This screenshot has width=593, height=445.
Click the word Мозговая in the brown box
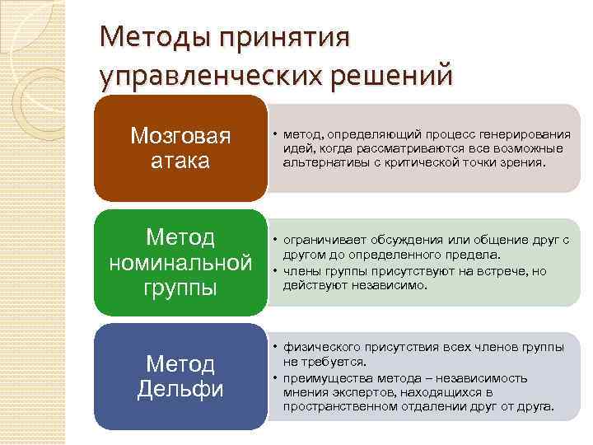pyautogui.click(x=180, y=135)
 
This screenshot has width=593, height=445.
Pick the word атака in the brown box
pyautogui.click(x=180, y=160)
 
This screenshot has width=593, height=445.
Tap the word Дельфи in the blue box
pyautogui.click(x=180, y=389)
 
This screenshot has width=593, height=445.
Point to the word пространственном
pyautogui.click(x=334, y=406)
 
